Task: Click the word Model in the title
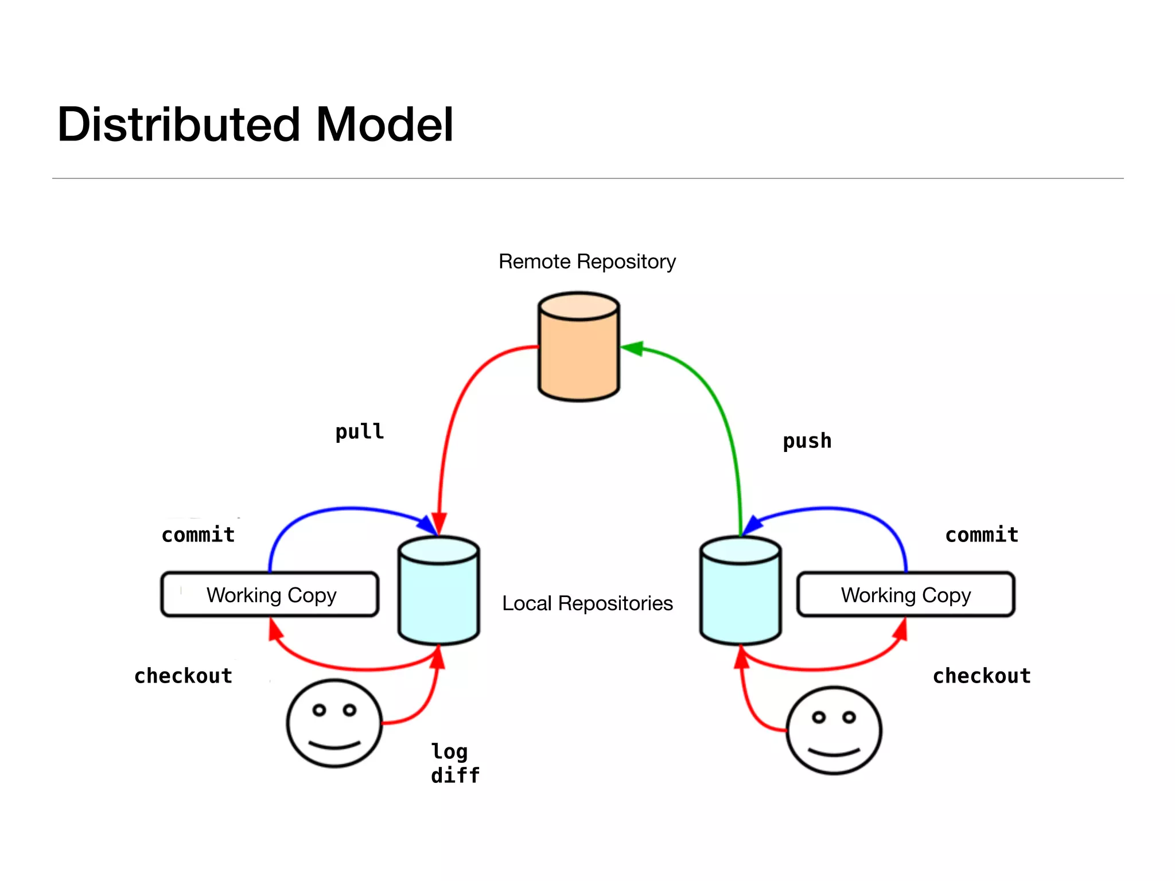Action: [x=384, y=125]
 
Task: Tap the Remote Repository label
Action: [x=587, y=262]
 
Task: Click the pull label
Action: [x=360, y=431]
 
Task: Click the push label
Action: [x=807, y=441]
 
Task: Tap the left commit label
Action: [x=199, y=535]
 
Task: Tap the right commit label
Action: [x=982, y=535]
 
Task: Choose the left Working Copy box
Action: [x=270, y=595]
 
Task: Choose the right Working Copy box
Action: [x=905, y=595]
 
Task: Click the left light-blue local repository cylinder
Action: [x=439, y=594]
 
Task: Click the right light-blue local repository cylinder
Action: [x=740, y=594]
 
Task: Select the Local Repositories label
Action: [x=587, y=603]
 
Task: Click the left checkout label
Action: [x=183, y=676]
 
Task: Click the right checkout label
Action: [x=982, y=676]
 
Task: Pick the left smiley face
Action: [x=334, y=723]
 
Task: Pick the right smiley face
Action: [x=834, y=731]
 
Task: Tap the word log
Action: [x=449, y=751]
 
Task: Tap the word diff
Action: [x=455, y=775]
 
